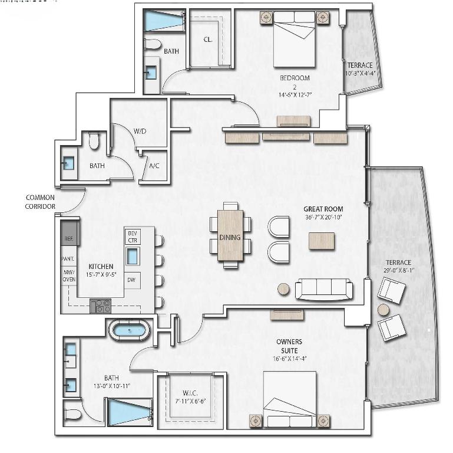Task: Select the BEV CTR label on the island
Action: pyautogui.click(x=132, y=237)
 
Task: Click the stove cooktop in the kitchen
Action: pyautogui.click(x=101, y=306)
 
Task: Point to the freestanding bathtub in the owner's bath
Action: pyautogui.click(x=129, y=329)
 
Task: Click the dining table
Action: pyautogui.click(x=230, y=236)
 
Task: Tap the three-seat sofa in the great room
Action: pyautogui.click(x=324, y=288)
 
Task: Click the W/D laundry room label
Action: pyautogui.click(x=140, y=131)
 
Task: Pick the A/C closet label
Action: pyautogui.click(x=154, y=166)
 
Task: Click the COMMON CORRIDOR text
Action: pyautogui.click(x=40, y=202)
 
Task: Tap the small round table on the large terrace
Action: pyautogui.click(x=383, y=309)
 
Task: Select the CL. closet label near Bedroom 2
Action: pyautogui.click(x=207, y=40)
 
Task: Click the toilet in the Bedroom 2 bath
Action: pyautogui.click(x=153, y=44)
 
